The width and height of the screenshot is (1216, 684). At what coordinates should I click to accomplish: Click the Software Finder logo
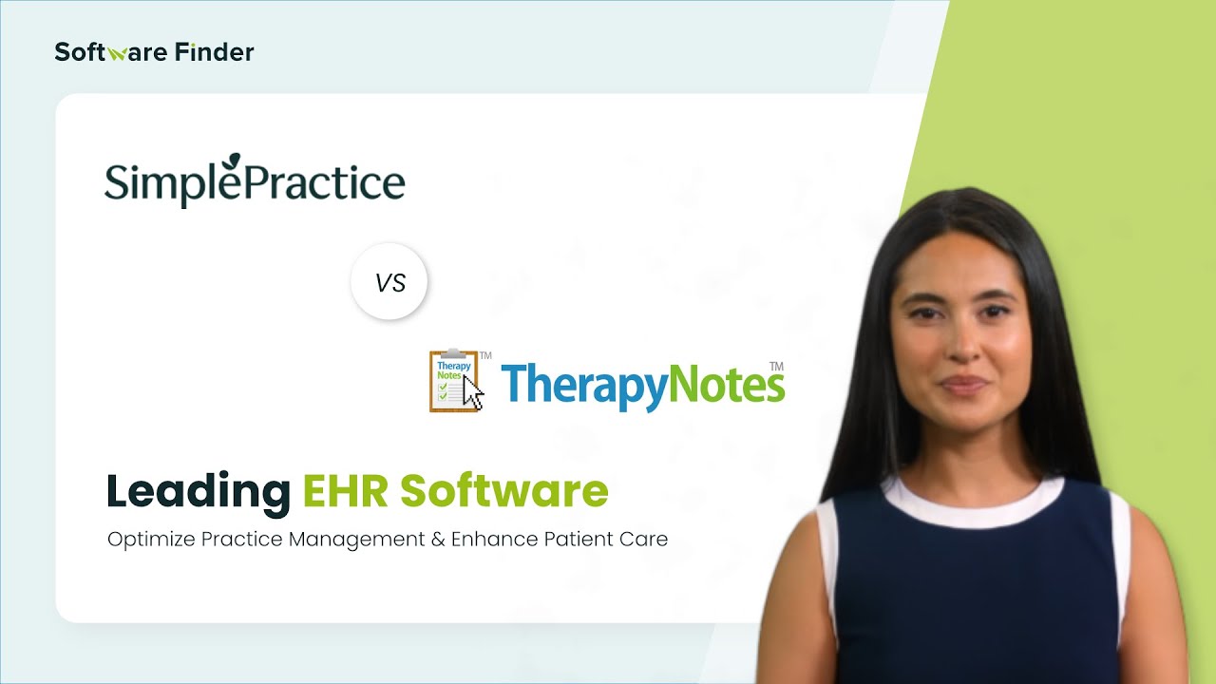(154, 52)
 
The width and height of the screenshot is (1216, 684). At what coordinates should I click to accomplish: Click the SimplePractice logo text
(255, 183)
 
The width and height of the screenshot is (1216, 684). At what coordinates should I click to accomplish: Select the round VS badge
(389, 282)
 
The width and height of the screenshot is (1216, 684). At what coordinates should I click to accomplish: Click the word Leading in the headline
(198, 491)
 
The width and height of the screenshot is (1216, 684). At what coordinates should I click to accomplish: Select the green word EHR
(345, 491)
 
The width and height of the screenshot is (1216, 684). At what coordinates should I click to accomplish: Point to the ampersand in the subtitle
(437, 540)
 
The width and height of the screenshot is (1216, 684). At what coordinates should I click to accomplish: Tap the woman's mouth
(962, 385)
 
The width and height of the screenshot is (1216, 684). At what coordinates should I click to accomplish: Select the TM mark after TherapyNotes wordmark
(776, 366)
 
